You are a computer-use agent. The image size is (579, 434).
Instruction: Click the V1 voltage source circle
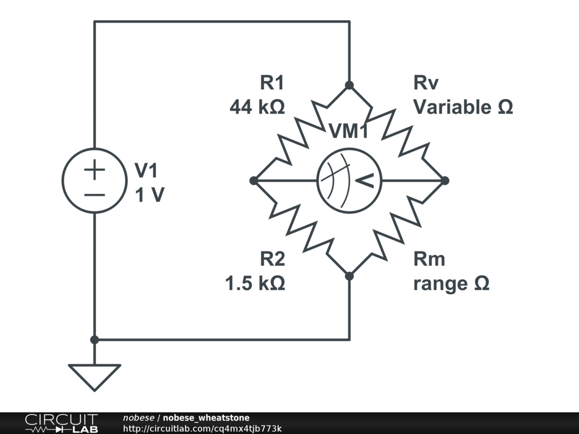click(x=94, y=181)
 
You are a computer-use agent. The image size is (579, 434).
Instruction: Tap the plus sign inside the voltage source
click(x=94, y=170)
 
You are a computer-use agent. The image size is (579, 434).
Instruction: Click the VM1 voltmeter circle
click(x=349, y=181)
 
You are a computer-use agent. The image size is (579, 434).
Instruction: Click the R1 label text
click(x=272, y=83)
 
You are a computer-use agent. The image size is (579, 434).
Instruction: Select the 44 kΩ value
click(x=257, y=107)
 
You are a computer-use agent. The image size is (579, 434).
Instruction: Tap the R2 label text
click(x=272, y=259)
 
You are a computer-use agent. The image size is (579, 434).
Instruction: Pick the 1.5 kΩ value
click(x=255, y=283)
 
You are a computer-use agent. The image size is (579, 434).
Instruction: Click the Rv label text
click(x=426, y=83)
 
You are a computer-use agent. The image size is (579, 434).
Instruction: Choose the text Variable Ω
click(x=463, y=107)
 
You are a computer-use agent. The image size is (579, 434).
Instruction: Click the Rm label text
click(x=429, y=259)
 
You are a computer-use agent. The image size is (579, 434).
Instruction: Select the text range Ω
click(x=451, y=283)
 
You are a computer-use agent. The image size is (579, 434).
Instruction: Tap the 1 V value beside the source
click(x=149, y=195)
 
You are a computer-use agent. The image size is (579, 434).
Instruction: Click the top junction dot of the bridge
click(x=349, y=85)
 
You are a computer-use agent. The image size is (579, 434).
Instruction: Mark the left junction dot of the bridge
click(x=254, y=181)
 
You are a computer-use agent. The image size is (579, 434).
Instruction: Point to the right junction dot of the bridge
click(x=445, y=181)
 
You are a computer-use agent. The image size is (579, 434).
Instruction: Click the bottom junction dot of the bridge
click(x=349, y=276)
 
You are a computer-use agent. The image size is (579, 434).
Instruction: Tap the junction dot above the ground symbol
click(x=94, y=340)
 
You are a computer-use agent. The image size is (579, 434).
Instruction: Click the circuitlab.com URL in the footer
click(x=202, y=428)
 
